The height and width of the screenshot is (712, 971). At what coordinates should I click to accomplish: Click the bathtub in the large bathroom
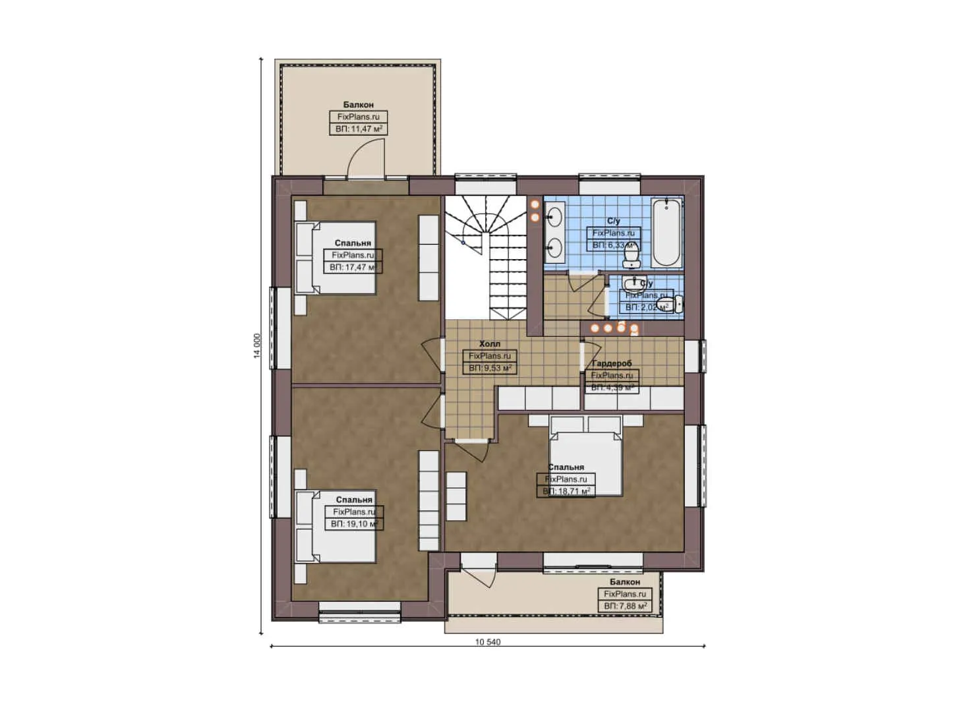(x=666, y=231)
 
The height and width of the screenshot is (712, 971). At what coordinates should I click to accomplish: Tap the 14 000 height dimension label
(x=257, y=344)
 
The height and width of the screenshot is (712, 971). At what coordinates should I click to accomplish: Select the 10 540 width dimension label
(x=488, y=641)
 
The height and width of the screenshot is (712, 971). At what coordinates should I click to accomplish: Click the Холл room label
(x=489, y=344)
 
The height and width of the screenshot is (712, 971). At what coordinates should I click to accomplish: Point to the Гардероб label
(x=612, y=363)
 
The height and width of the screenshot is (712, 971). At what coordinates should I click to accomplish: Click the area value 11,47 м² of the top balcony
(x=359, y=129)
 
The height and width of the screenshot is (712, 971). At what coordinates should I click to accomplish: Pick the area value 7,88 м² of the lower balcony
(x=625, y=606)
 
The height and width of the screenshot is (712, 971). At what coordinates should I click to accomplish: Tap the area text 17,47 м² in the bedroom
(x=353, y=267)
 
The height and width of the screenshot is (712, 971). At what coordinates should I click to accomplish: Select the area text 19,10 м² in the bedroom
(x=354, y=523)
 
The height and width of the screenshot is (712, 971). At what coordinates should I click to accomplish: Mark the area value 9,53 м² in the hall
(x=490, y=368)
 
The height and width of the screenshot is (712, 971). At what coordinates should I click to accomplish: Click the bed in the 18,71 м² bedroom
(x=586, y=455)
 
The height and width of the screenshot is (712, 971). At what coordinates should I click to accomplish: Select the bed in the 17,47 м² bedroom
(x=336, y=257)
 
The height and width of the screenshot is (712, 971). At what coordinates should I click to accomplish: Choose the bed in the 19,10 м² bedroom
(x=336, y=525)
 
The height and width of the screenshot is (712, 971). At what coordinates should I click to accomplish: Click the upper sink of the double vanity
(x=554, y=215)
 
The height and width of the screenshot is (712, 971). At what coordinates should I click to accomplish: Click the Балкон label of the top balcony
(x=359, y=105)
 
